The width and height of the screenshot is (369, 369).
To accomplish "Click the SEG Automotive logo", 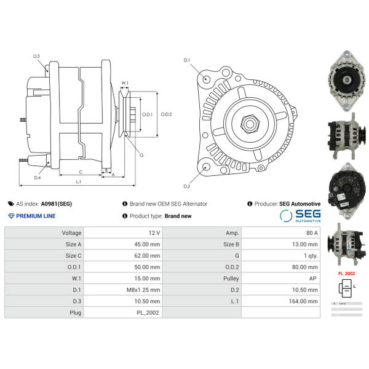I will point(300,215).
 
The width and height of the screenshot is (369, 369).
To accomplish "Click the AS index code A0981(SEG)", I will point(57,204).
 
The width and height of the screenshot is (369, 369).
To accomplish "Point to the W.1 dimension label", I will point(125,83).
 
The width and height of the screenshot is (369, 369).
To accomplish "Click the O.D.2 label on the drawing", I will point(166,114).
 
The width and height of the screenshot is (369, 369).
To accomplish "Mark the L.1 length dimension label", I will point(79,181).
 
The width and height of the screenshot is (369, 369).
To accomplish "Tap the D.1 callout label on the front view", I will point(187,60).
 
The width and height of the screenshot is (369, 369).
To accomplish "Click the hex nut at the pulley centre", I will point(250,123).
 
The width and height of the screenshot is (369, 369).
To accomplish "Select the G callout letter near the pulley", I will point(141,155).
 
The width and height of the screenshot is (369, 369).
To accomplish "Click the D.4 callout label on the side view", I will point(38,178).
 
